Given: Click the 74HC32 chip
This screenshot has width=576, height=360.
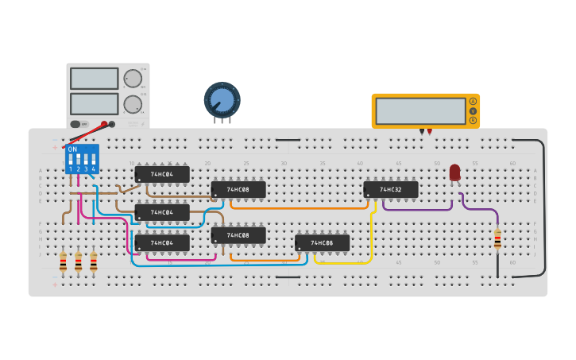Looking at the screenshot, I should point(391,190).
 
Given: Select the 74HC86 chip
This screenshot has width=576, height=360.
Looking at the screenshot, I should point(322,243).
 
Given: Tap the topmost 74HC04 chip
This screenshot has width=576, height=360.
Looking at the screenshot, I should point(162,174).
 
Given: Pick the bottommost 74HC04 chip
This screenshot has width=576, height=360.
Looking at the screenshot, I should point(162,242).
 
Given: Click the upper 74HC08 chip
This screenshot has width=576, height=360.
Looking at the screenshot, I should point(238,190).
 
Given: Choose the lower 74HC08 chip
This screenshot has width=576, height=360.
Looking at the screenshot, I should point(238,235).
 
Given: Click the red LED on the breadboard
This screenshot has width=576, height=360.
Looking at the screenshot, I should point(454,172).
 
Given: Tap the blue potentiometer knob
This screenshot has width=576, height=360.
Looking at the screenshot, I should point(222,100).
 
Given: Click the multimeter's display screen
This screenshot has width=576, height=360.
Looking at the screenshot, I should point(420,110).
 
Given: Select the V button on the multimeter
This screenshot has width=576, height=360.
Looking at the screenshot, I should point(473,111).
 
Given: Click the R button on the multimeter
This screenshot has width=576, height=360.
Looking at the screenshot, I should point(473,121).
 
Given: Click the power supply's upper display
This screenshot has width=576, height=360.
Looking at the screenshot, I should point(94,78).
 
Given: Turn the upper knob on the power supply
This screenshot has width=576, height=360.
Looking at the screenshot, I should point(132,78).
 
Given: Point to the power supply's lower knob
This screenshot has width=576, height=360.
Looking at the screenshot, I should point(132,104).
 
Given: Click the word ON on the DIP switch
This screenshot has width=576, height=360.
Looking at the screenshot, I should point(73,149).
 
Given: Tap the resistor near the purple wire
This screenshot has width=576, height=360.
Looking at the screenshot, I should point(497,238).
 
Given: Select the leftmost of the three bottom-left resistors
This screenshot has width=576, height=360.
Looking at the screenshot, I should point(63,261).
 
